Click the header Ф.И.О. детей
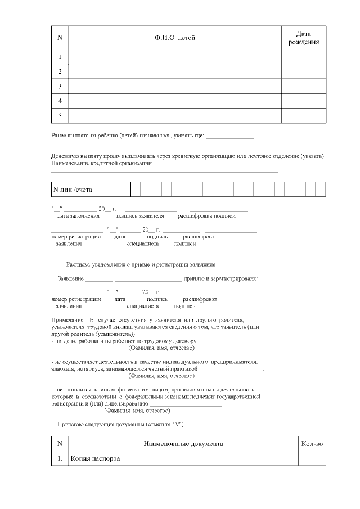174,37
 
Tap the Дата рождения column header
304,37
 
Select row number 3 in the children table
60,86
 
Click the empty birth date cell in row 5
304,115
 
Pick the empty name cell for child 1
174,57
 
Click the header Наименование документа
183,444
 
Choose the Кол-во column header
312,444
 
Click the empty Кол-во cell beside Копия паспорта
312,458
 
